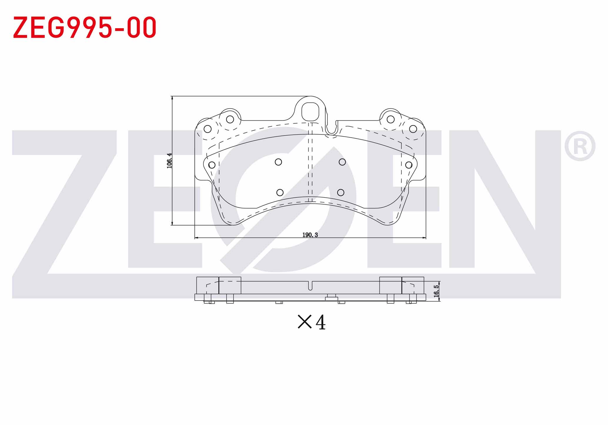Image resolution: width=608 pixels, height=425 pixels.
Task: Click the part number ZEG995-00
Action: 85,27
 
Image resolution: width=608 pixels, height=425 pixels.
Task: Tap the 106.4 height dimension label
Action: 169,161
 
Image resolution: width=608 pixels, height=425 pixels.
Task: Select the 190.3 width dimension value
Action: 310,235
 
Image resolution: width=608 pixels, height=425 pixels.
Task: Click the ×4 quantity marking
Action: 312,322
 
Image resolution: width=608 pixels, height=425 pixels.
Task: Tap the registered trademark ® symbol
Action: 580,146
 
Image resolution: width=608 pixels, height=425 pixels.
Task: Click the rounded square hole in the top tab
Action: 310,111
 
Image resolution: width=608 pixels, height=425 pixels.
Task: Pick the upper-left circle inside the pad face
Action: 278,162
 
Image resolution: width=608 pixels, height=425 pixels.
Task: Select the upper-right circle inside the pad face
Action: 342,162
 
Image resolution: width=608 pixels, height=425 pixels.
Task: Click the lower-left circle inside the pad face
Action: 280,193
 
